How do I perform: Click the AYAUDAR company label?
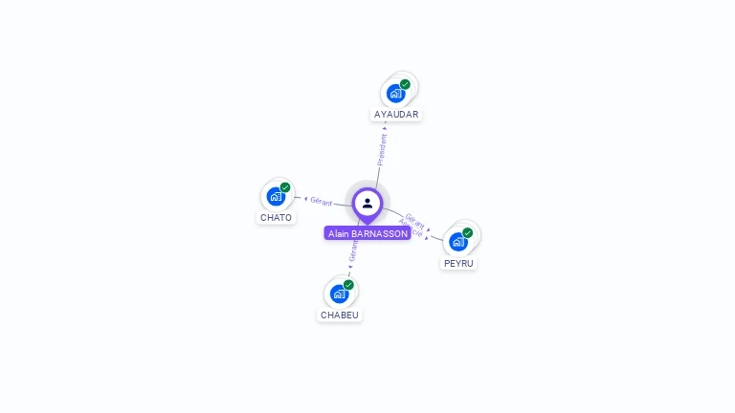click(x=396, y=114)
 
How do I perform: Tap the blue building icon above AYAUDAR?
click(x=395, y=94)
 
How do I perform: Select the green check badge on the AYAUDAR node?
click(x=405, y=84)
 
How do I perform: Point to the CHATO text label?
click(x=276, y=217)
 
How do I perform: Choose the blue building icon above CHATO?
click(x=276, y=197)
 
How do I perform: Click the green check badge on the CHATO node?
click(x=285, y=187)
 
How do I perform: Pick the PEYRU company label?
click(x=458, y=263)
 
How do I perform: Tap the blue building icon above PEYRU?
click(x=458, y=242)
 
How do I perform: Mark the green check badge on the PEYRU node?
click(x=468, y=232)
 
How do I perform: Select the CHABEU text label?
click(x=340, y=315)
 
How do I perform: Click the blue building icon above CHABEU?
click(x=339, y=293)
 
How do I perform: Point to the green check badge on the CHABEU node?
click(x=348, y=284)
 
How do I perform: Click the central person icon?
click(x=367, y=203)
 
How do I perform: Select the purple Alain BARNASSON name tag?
click(x=367, y=233)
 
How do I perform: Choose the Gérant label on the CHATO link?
click(x=321, y=202)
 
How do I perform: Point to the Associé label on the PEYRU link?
click(x=411, y=229)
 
